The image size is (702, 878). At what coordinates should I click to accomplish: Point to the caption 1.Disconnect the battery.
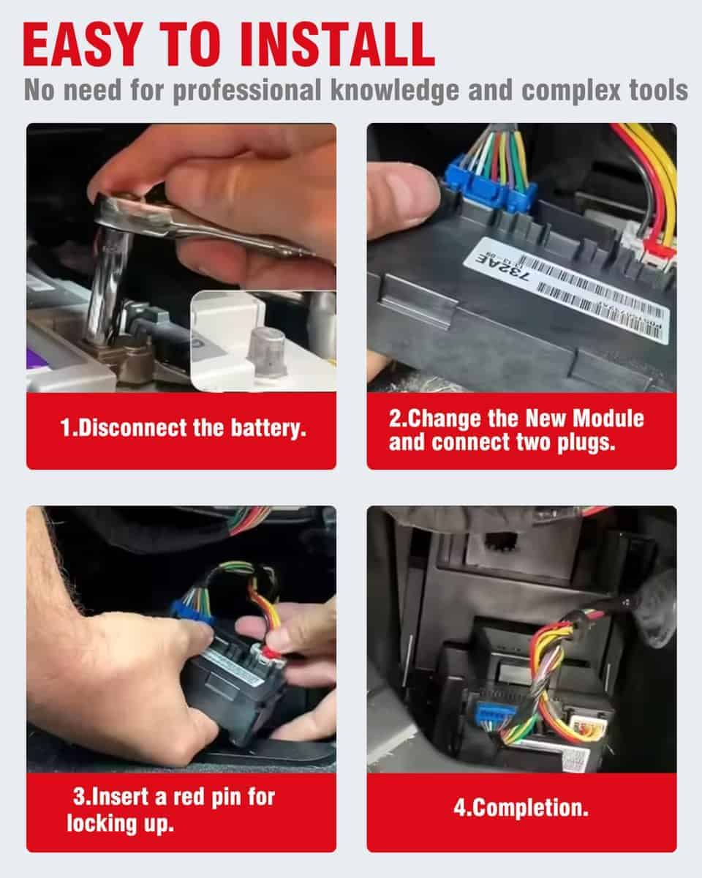[181, 428]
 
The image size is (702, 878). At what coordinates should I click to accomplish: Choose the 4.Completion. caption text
[521, 809]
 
